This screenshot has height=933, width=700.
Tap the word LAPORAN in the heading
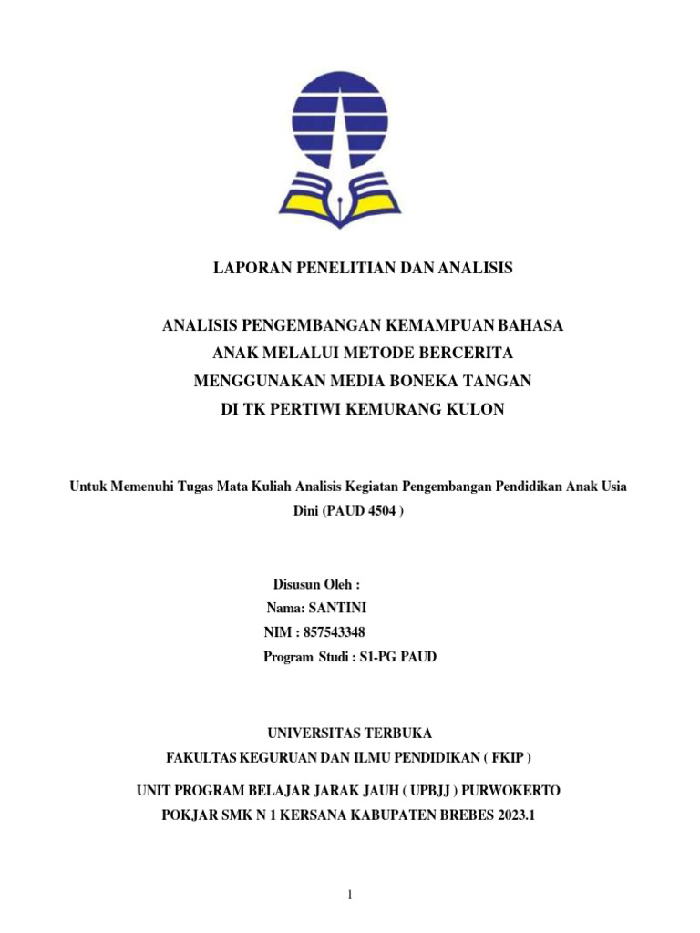tap(252, 268)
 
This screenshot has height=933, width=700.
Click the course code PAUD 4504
tap(360, 511)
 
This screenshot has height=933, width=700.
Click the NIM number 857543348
tap(332, 632)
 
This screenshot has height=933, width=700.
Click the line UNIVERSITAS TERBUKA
tap(349, 733)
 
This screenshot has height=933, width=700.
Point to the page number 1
tap(349, 896)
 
